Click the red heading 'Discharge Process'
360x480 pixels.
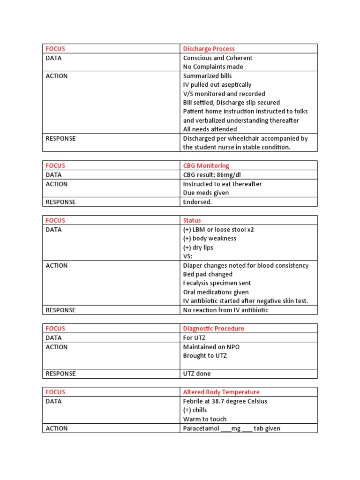point(209,49)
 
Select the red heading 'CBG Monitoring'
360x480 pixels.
point(206,165)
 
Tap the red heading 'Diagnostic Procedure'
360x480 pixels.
point(213,329)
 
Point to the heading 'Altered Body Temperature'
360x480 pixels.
point(221,392)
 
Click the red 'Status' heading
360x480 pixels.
point(192,220)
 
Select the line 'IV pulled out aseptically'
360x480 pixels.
point(217,85)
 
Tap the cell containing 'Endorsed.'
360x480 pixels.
point(197,202)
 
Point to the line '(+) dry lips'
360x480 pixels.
point(198,247)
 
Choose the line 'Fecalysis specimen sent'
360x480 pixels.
point(217,283)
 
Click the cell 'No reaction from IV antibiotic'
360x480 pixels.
point(225,310)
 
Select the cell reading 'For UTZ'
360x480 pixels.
point(194,337)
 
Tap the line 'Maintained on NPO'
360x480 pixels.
point(211,347)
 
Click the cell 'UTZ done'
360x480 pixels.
point(197,374)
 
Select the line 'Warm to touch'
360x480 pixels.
point(204,419)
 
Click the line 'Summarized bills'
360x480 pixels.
point(207,76)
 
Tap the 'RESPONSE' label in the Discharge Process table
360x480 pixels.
point(60,139)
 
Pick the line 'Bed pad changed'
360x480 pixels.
point(208,274)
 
